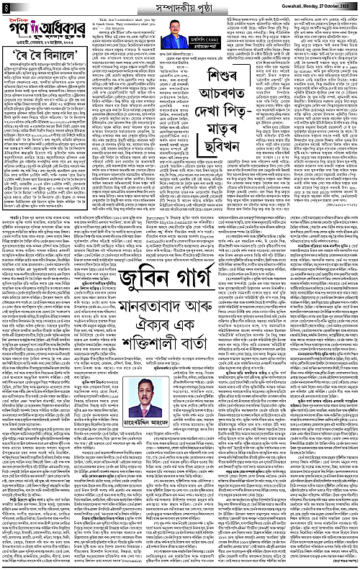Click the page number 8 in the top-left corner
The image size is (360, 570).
(x=6, y=7)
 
